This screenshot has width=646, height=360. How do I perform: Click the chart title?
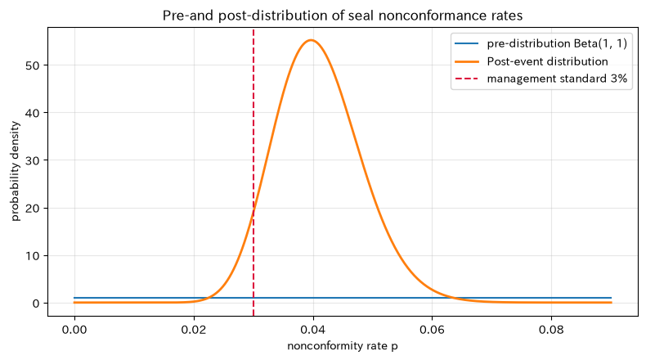pos(343,16)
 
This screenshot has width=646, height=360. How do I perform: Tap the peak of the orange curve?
pos(311,40)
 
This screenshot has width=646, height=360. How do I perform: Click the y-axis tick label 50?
pos(33,65)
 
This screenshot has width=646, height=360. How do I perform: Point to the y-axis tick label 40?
pos(33,113)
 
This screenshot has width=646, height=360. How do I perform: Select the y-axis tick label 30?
pos(33,160)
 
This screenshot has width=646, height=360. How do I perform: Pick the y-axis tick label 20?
pos(33,209)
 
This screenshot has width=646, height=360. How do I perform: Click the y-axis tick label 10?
pos(33,255)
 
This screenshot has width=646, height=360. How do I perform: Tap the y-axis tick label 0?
pos(36,304)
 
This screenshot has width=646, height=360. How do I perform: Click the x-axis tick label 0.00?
pos(74,330)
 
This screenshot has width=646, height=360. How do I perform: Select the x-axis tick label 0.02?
pos(194,330)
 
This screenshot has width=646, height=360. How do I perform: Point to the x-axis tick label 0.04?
pos(313,330)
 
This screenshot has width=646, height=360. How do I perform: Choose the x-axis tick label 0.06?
pos(433,330)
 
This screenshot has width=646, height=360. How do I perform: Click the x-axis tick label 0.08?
pos(551,330)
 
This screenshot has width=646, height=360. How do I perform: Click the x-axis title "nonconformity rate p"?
pos(343,346)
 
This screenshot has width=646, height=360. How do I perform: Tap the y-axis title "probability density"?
pos(16,171)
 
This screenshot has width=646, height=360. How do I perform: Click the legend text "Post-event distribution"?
pos(548,61)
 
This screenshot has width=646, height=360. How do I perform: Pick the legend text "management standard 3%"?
pos(557,79)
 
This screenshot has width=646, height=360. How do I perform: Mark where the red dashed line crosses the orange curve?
pos(253,211)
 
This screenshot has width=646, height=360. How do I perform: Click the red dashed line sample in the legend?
pos(467,79)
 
